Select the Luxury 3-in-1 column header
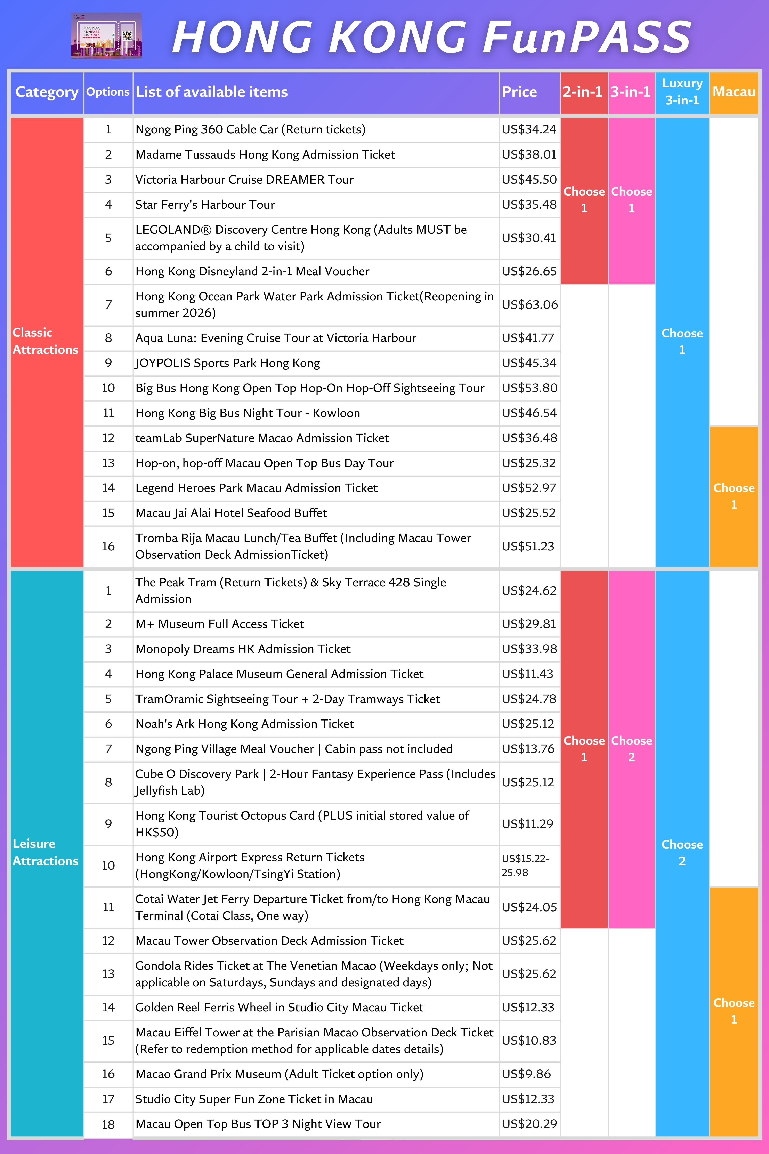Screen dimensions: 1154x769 [x=682, y=92]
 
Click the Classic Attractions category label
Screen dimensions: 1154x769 [x=45, y=341]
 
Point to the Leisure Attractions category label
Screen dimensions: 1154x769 [x=45, y=852]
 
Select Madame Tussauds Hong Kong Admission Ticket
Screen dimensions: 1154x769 [x=265, y=154]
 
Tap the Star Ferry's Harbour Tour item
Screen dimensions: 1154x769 [x=205, y=205]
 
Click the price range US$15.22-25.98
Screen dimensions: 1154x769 [x=525, y=866]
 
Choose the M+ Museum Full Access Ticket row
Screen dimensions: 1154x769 [x=220, y=624]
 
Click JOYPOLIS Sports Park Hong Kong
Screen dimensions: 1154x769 [x=228, y=363]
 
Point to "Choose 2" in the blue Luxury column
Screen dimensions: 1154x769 [x=682, y=853]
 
